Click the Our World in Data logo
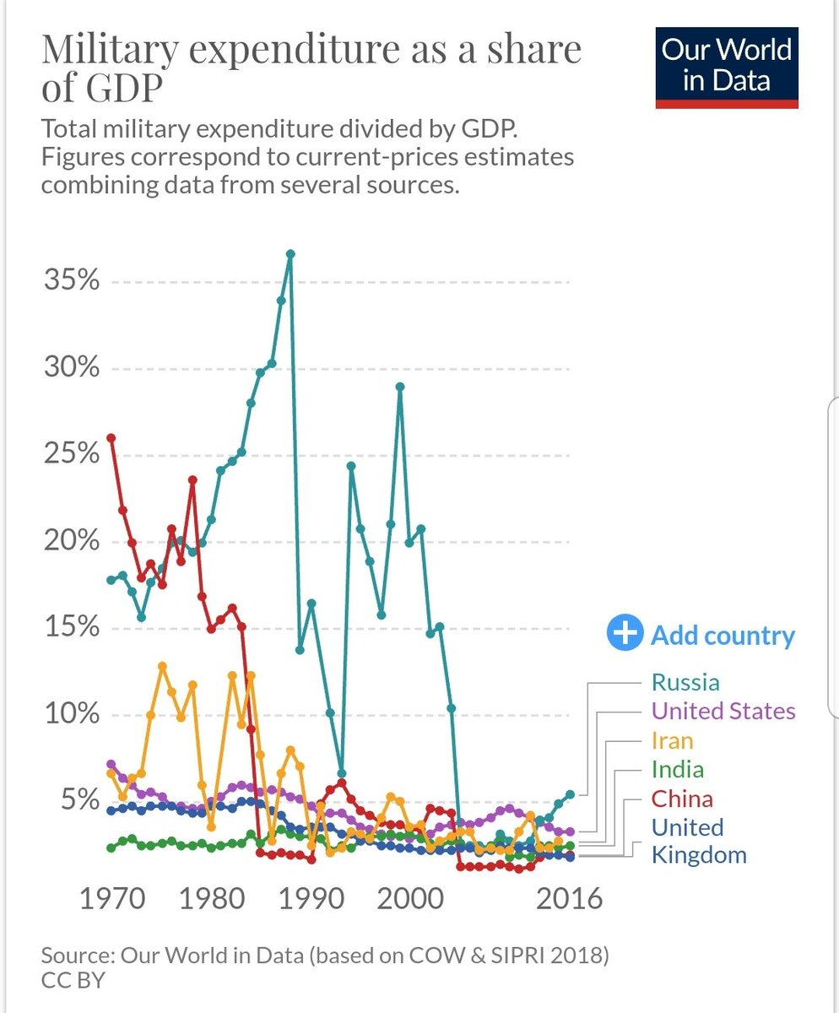[x=727, y=65]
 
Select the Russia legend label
[x=685, y=682]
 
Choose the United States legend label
[x=723, y=711]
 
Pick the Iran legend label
[x=672, y=740]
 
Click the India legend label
[x=677, y=769]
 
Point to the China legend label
[x=682, y=799]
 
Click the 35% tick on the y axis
[x=72, y=281]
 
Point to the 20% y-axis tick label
[x=72, y=541]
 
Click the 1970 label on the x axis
[x=111, y=898]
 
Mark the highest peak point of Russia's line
[x=290, y=253]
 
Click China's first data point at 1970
[x=111, y=437]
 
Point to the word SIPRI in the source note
[x=500, y=957]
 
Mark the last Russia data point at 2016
[x=571, y=794]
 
